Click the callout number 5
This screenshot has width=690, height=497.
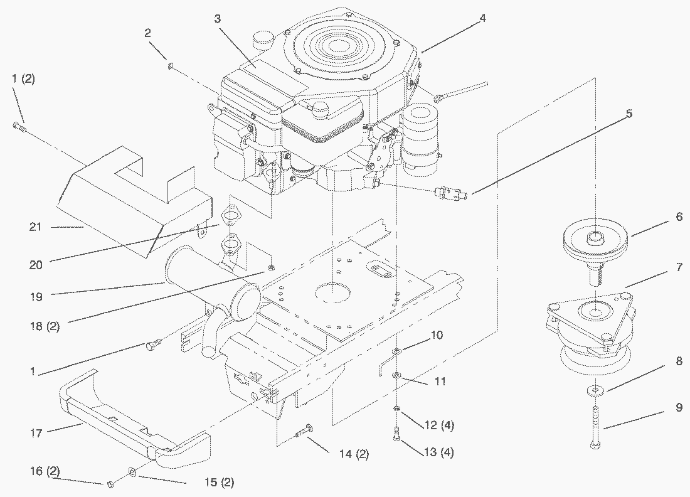click(x=629, y=114)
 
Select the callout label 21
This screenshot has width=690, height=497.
click(x=35, y=227)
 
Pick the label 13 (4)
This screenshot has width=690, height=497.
click(x=439, y=452)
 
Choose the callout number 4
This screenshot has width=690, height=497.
click(x=482, y=18)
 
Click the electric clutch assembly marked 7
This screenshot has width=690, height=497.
click(x=590, y=329)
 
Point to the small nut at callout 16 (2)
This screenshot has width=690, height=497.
click(x=109, y=483)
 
